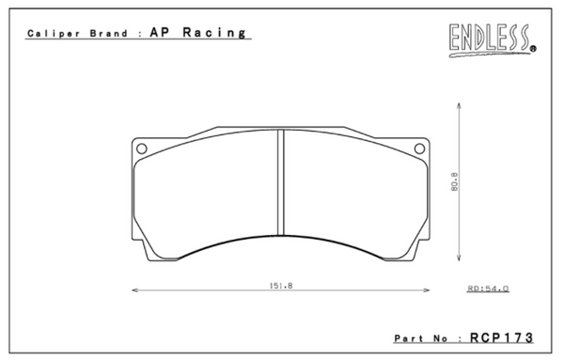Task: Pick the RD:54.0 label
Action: point(488,290)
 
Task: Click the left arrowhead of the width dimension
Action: point(132,290)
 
